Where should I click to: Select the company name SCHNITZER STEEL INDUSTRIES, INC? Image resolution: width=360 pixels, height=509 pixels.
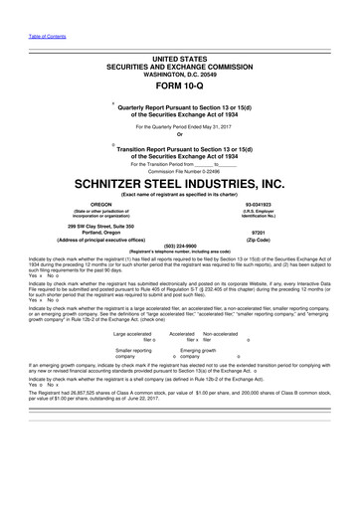coord(179,185)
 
